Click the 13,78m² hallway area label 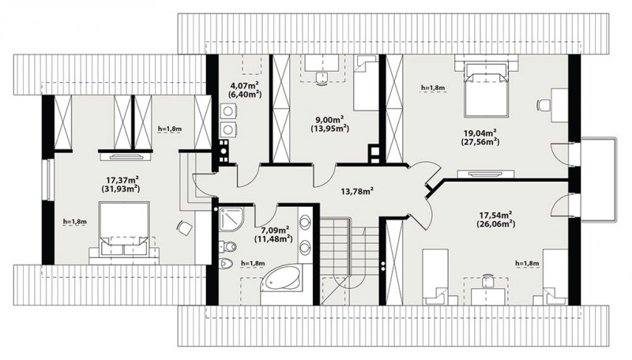tap(357, 191)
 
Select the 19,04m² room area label tap(480, 133)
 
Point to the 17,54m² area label tap(496, 216)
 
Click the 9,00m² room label tap(329, 119)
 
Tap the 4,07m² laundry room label tap(244, 85)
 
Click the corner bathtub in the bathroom tap(281, 281)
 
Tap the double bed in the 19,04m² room tap(486, 90)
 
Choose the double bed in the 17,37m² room tap(124, 228)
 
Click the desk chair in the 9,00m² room tap(322, 77)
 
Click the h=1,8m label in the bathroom tap(253, 264)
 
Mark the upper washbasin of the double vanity tap(305, 223)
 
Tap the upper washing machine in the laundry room tap(228, 111)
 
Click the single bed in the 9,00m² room tap(367, 83)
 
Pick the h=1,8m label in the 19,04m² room tap(433, 88)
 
